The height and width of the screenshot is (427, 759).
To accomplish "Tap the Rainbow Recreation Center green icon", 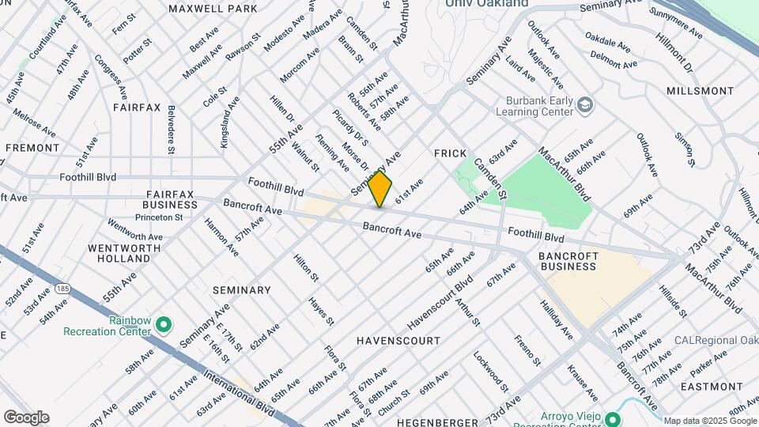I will [164, 324].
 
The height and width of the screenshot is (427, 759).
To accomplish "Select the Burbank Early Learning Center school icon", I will [584, 104].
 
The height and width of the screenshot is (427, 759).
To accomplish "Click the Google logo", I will [26, 418].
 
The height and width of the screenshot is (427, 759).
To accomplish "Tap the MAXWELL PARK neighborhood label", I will [213, 9].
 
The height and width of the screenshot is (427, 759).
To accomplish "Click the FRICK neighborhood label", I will [451, 153].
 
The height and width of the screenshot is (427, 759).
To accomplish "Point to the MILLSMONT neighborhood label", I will [700, 91].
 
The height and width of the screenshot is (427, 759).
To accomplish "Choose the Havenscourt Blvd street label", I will [440, 304].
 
